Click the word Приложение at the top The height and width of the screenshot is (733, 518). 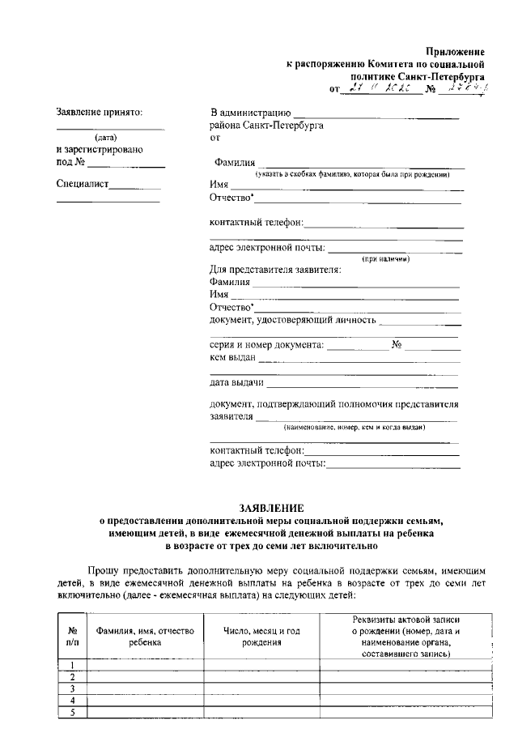455,51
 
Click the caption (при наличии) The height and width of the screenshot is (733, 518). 386,259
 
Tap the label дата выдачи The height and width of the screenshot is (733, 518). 237,382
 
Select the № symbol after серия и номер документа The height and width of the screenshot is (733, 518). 397,344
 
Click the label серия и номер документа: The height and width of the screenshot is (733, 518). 266,344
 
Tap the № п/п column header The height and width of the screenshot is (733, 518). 73,636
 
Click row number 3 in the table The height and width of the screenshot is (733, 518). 73,688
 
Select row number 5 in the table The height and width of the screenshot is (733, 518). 73,712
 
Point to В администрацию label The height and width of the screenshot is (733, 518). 250,113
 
